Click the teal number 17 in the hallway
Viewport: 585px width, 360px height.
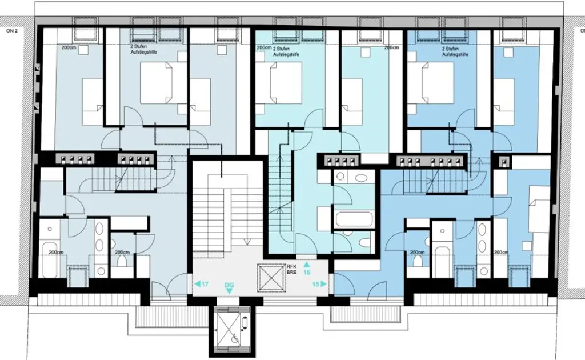205,283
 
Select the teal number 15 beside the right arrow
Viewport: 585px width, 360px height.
315,283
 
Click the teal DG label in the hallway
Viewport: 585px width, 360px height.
229,285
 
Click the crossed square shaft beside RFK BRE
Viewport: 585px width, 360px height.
271,275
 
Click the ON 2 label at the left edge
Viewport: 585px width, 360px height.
12,32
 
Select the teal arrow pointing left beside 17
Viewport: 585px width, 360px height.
197,283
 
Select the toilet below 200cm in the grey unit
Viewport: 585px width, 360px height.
121,262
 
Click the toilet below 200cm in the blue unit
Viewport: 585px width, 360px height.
418,261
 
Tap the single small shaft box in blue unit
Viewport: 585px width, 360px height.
504,162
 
